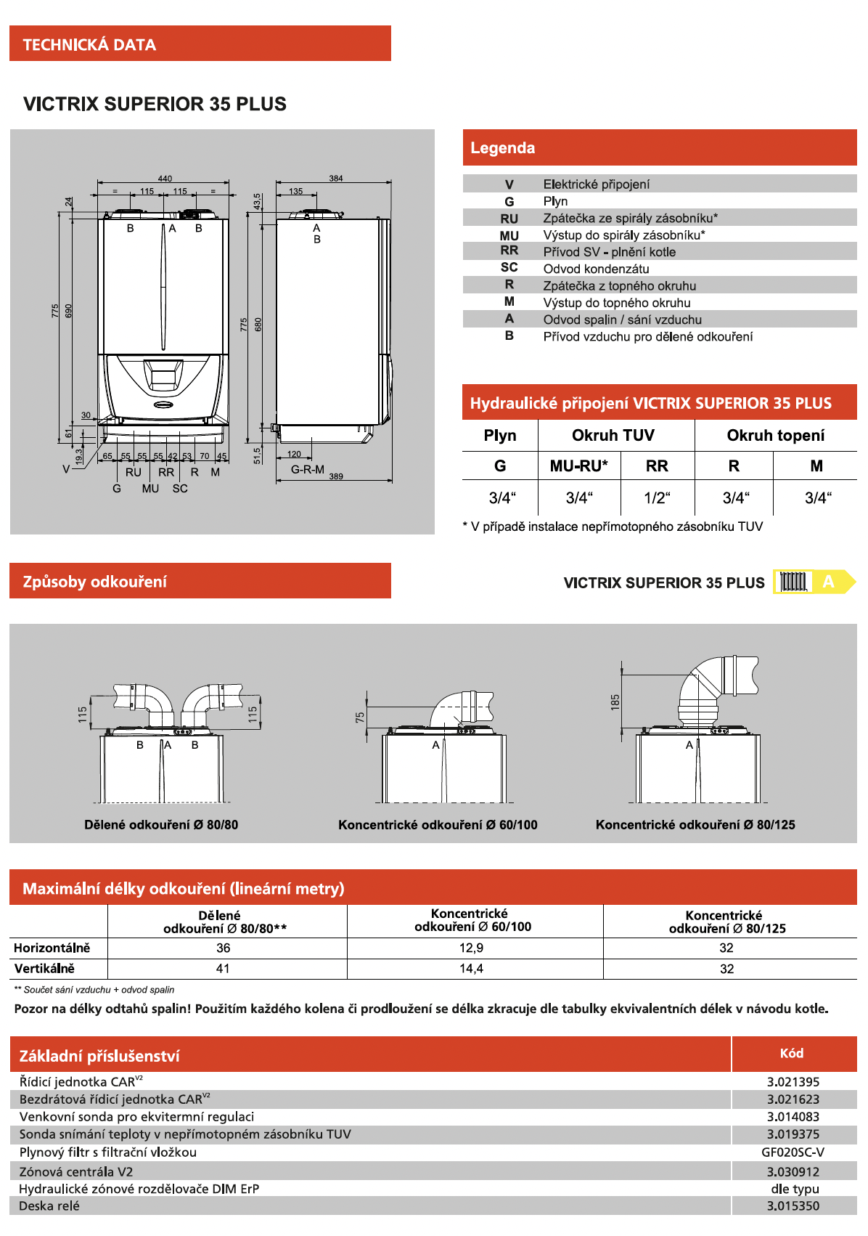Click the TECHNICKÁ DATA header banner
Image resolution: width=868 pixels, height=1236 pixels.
click(x=200, y=44)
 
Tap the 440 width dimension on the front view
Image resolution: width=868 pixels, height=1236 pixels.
click(x=165, y=179)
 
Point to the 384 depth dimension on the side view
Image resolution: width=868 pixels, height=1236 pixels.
click(x=336, y=178)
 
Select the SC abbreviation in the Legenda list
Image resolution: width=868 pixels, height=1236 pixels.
click(x=509, y=268)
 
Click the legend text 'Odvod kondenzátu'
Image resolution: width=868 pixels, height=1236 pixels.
click(x=596, y=269)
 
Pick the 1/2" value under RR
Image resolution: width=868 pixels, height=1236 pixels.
click(x=657, y=498)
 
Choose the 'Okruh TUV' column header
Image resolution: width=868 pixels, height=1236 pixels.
click(x=613, y=436)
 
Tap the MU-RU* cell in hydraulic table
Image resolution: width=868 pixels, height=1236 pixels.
click(x=578, y=466)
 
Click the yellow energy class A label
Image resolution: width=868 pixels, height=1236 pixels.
click(x=828, y=582)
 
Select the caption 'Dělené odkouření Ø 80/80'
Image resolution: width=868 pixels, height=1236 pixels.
click(x=161, y=825)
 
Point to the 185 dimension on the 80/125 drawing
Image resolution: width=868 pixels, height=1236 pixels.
click(x=615, y=702)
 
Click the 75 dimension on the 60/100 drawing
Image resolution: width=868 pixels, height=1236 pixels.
click(x=360, y=717)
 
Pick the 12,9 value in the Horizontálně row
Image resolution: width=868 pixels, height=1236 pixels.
click(x=471, y=948)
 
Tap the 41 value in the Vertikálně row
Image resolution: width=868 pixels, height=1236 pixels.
click(x=223, y=969)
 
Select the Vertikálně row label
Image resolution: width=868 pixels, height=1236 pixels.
click(x=44, y=969)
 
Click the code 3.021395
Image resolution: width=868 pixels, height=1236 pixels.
click(x=793, y=1082)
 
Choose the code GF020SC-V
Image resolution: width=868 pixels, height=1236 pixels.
click(x=793, y=1152)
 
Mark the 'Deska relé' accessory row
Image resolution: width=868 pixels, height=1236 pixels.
click(x=49, y=1206)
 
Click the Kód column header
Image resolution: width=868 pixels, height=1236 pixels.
click(x=792, y=1054)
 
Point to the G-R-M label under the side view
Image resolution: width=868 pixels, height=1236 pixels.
click(x=308, y=470)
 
